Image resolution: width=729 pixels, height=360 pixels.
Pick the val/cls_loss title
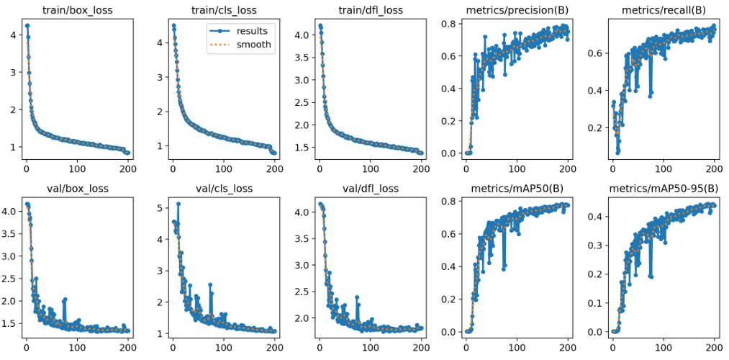click(x=223, y=189)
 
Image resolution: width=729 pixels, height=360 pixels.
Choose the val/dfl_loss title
click(x=370, y=189)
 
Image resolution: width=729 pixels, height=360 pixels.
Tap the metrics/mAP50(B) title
click(x=517, y=189)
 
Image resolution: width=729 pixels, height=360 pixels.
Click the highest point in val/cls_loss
click(x=178, y=204)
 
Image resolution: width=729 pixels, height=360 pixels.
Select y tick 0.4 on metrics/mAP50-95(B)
click(x=594, y=216)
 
